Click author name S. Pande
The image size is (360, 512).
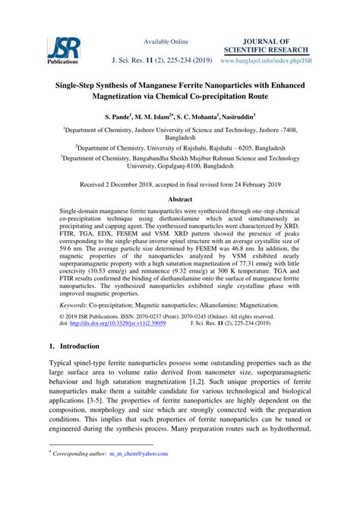(x=120, y=119)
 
